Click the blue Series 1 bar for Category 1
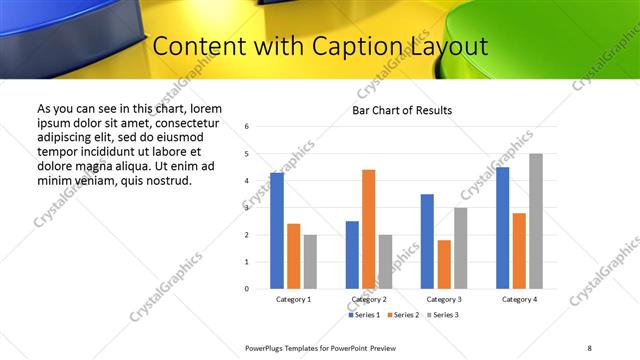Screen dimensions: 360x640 [277, 231]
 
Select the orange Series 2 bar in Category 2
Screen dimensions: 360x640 [368, 229]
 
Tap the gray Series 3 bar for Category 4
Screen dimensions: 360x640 [536, 221]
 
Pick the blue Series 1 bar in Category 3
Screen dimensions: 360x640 [427, 241]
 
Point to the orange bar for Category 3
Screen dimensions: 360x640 [444, 264]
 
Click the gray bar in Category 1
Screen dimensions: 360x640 [310, 261]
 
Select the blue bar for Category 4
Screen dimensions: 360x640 [502, 228]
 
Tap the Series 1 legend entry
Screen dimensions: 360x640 [362, 315]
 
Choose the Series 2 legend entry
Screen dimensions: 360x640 [402, 315]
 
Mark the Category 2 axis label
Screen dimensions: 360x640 [368, 300]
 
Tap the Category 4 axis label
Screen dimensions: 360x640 [519, 300]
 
